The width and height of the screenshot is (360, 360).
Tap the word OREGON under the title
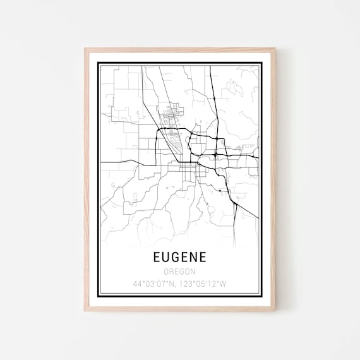point(179,272)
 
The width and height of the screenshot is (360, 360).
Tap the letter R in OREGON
point(171,272)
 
